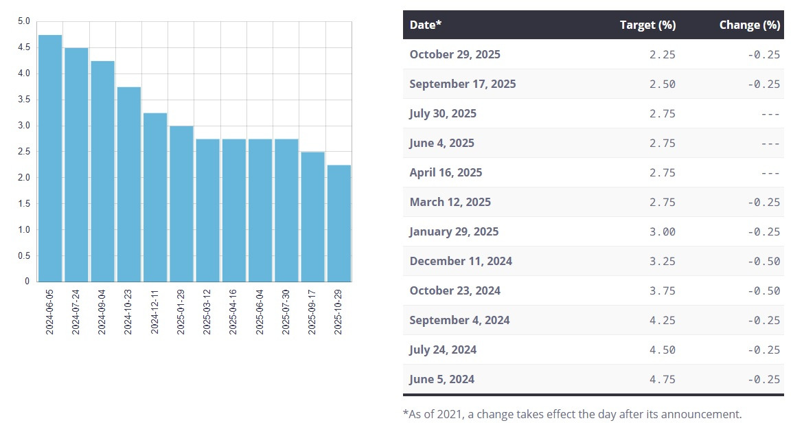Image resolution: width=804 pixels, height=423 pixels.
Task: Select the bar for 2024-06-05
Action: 50,158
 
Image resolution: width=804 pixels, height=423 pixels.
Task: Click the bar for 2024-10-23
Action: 129,184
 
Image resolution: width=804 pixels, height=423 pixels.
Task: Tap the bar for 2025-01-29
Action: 181,203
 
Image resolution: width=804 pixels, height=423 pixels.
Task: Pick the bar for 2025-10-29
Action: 338,223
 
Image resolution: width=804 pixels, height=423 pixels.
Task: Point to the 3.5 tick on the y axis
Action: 24,100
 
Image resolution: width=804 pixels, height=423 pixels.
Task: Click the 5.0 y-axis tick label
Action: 24,21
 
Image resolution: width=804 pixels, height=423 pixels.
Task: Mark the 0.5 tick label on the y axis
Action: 24,255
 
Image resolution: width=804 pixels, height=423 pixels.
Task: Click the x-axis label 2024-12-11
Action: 155,312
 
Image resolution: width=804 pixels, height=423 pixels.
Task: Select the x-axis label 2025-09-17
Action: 312,312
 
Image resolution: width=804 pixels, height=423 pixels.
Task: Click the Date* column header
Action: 426,25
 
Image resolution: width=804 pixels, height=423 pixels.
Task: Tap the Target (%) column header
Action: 647,25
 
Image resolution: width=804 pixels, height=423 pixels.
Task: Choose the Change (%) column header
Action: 749,25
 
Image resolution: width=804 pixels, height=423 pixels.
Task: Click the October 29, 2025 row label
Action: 455,54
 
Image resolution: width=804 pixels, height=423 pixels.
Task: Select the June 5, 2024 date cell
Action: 441,379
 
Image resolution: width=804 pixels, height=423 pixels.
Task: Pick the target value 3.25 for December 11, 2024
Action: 662,261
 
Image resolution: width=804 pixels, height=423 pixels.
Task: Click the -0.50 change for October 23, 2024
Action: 763,290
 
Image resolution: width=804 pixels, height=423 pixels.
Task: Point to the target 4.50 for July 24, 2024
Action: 662,350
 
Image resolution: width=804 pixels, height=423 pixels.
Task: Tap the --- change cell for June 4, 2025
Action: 770,143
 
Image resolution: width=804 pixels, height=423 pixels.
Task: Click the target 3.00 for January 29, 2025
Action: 662,231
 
